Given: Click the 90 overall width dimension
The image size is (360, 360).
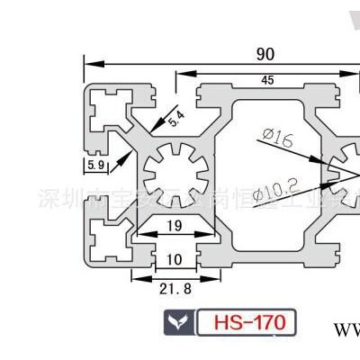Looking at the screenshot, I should pyautogui.click(x=265, y=55).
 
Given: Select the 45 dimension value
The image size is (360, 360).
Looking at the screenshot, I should pyautogui.click(x=267, y=80).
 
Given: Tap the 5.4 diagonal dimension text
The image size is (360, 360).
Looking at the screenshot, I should pyautogui.click(x=177, y=117).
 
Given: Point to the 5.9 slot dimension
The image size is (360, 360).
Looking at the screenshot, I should pyautogui.click(x=95, y=166).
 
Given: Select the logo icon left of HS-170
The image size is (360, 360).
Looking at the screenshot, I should pyautogui.click(x=178, y=321).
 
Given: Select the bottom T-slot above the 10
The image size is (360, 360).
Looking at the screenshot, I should pyautogui.click(x=176, y=243).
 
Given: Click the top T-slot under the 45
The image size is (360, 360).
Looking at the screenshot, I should pyautogui.click(x=267, y=94).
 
